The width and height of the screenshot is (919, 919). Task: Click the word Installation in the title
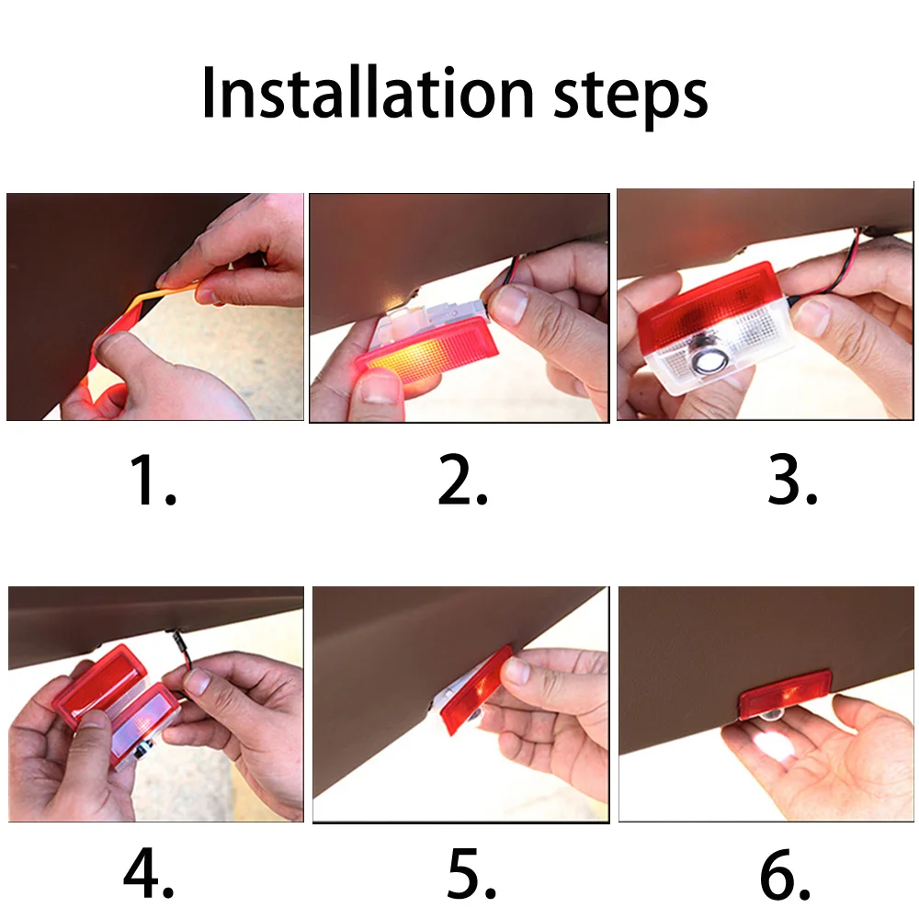coord(368,93)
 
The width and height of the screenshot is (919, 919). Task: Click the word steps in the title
coord(630,96)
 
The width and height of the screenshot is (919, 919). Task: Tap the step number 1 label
coord(153,481)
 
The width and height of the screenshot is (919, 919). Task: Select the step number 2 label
coord(462,481)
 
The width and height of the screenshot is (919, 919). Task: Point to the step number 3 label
coord(792,481)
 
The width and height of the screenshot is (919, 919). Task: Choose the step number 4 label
coord(148,873)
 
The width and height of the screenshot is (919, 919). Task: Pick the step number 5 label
coord(471,873)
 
